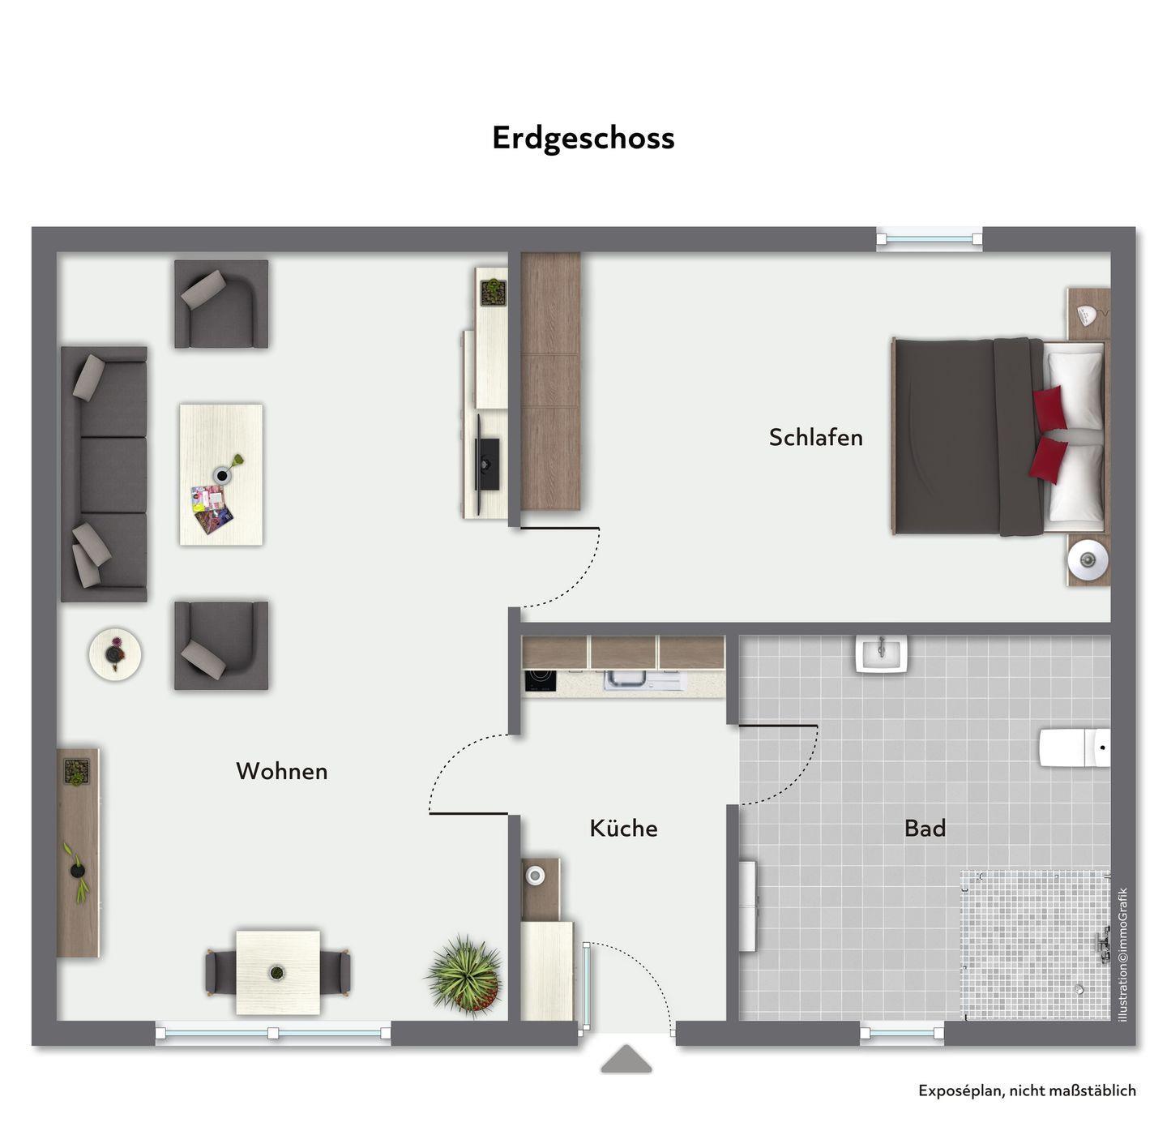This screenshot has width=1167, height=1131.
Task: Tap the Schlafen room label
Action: point(815,437)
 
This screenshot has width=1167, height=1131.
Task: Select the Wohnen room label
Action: point(282,771)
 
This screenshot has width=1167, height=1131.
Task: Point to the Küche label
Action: point(624,828)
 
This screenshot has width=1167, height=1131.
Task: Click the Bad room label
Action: point(925,828)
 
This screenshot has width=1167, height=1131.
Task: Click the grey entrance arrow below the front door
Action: point(626,1059)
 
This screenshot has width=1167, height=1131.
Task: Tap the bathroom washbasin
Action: point(881,654)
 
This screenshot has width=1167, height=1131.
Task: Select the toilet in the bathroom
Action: point(1074,748)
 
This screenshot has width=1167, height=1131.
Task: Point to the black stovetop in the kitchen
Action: point(541,680)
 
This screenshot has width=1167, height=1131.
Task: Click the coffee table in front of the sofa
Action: point(220,474)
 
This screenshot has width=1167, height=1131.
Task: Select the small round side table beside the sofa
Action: point(114,654)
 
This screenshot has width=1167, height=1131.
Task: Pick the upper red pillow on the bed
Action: point(1049,408)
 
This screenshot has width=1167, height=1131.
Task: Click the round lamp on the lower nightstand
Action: point(1087,559)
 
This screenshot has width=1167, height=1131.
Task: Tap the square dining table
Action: point(278,972)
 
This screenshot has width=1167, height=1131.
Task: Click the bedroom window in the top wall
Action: point(928,239)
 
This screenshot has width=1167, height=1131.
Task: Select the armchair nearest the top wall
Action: point(221,303)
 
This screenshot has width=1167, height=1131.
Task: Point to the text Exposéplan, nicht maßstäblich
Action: point(1027,1090)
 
